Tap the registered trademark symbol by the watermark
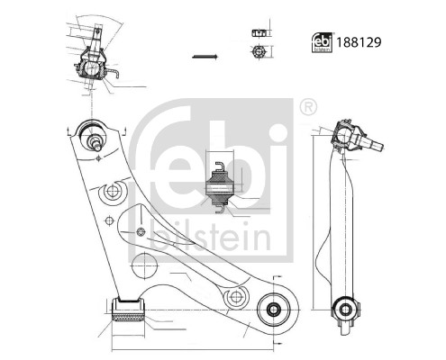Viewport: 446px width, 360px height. point(308,108)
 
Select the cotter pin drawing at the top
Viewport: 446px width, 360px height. point(205,57)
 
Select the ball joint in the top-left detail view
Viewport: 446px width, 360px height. point(93,67)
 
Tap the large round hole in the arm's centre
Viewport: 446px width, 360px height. point(143,267)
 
